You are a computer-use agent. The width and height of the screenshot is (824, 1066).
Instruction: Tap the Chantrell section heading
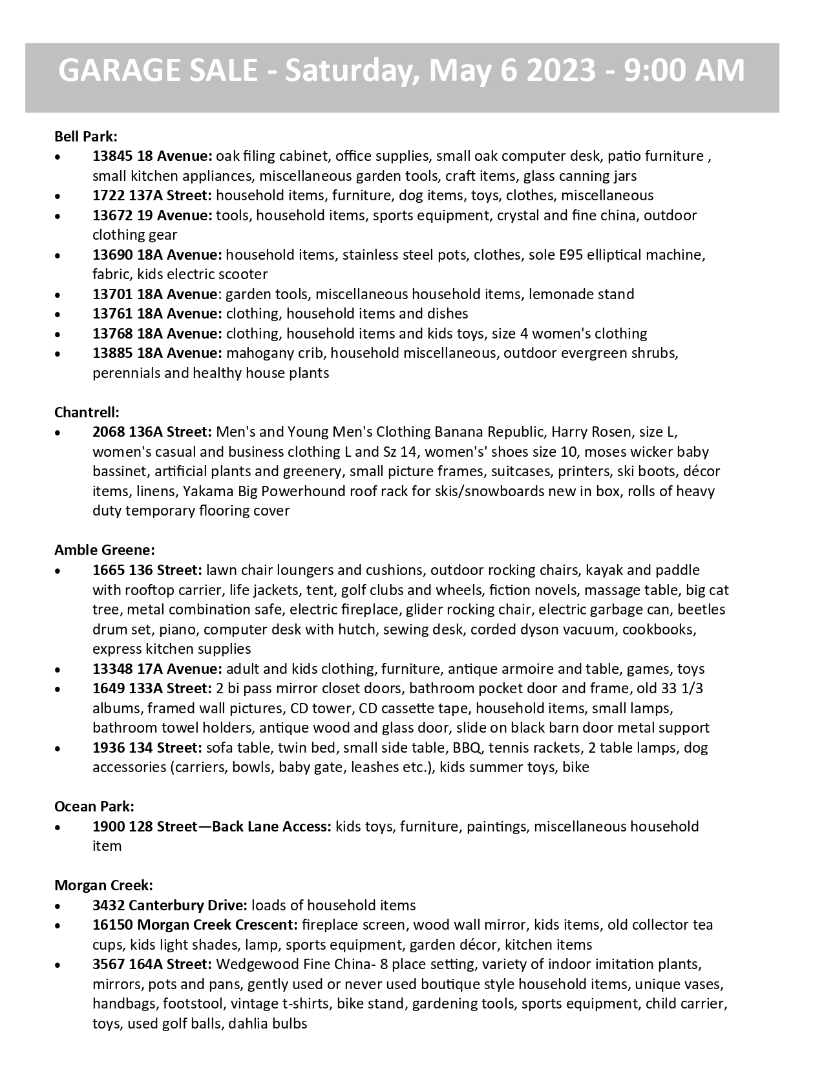[87, 412]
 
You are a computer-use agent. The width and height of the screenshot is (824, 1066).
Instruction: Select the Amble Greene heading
[105, 550]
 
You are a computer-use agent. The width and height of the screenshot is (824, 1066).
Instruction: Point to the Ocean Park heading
[94, 806]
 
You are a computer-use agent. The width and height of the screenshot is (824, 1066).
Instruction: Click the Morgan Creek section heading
[103, 885]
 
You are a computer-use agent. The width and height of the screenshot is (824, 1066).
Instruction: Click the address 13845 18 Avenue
[152, 156]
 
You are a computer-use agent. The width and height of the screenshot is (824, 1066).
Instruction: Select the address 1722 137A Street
[152, 195]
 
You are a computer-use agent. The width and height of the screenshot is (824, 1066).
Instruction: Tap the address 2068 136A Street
[152, 432]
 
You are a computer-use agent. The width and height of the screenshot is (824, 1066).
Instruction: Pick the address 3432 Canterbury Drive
[170, 905]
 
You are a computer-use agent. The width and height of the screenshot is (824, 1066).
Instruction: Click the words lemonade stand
[581, 294]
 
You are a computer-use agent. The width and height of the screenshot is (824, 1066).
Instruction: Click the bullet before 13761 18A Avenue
[59, 315]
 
